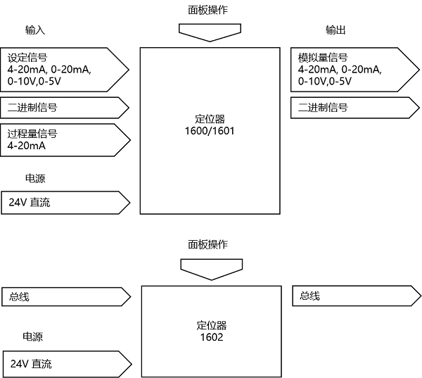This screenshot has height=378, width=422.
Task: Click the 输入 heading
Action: pyautogui.click(x=34, y=30)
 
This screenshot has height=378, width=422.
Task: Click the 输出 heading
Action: pyautogui.click(x=335, y=30)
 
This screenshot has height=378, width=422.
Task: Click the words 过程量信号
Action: pyautogui.click(x=32, y=134)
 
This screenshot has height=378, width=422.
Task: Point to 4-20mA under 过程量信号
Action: pyautogui.click(x=27, y=146)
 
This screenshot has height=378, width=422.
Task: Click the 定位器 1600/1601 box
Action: pyautogui.click(x=212, y=130)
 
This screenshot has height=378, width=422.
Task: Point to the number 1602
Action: pyautogui.click(x=211, y=337)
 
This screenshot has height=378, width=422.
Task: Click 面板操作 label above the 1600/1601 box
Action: pyautogui.click(x=208, y=11)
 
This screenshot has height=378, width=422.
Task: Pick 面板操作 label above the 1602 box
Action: pyautogui.click(x=207, y=244)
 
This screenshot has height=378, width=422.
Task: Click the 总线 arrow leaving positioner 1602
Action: pyautogui.click(x=355, y=296)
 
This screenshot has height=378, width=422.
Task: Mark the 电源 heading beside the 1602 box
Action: pyautogui.click(x=32, y=337)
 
